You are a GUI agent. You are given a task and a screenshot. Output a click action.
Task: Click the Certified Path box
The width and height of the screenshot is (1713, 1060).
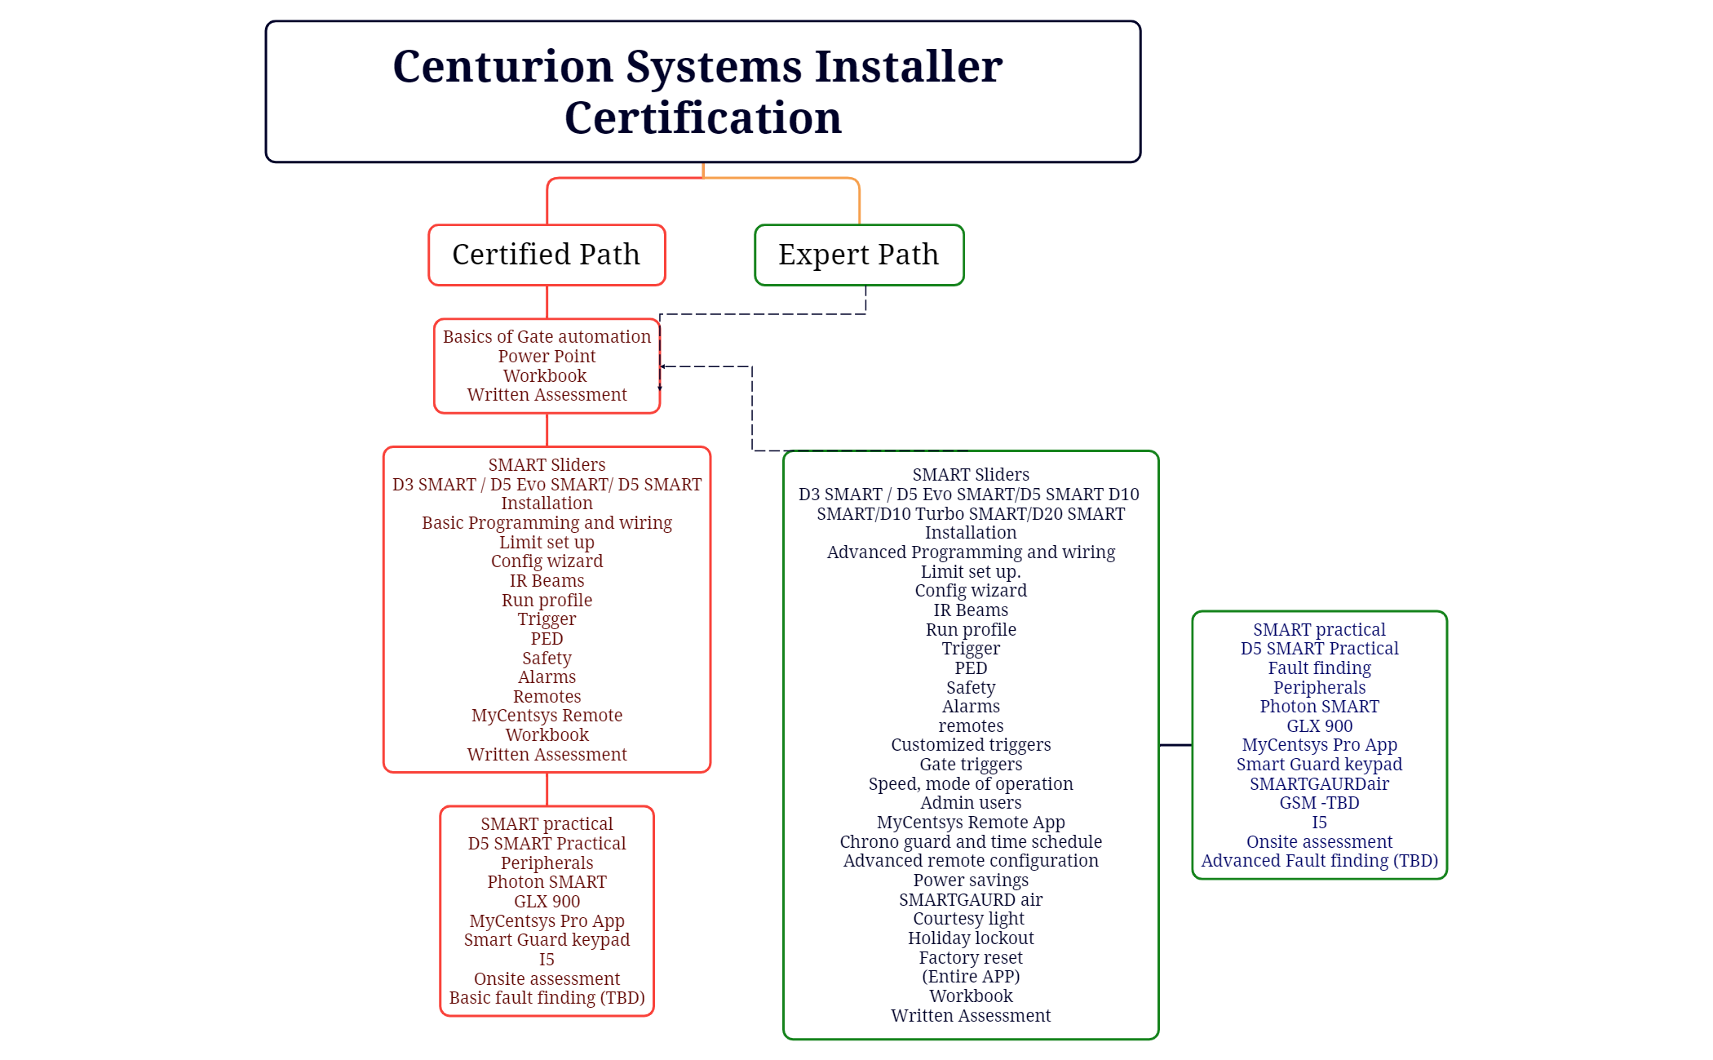click(547, 255)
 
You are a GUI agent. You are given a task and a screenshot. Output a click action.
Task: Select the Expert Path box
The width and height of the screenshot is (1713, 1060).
click(859, 255)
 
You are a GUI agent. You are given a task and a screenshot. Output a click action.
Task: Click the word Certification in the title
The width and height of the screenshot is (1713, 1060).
click(702, 118)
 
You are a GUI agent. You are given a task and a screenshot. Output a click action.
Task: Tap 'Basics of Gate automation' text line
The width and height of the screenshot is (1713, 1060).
click(547, 336)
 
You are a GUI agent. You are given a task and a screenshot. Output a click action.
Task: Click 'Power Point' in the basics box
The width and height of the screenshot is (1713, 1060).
click(547, 356)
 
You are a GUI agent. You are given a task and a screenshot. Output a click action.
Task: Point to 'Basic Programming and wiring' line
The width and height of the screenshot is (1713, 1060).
click(547, 522)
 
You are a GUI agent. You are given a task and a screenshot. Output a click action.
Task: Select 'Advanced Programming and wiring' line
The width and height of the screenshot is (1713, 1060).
click(971, 552)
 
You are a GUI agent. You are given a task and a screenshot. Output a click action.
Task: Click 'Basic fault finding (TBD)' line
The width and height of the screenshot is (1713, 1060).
click(547, 997)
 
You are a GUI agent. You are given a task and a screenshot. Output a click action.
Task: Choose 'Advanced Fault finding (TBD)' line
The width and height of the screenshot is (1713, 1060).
click(1319, 860)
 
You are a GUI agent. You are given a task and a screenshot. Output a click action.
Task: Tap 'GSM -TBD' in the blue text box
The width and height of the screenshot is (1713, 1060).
click(1319, 802)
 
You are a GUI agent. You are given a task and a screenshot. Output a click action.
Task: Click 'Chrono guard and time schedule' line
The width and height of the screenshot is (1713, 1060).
click(971, 841)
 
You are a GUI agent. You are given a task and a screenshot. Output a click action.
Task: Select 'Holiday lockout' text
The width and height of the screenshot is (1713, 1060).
click(971, 938)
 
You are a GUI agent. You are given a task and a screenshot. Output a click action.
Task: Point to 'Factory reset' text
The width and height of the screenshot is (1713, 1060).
click(971, 957)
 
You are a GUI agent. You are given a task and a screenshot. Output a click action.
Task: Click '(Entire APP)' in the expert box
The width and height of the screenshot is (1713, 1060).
click(971, 976)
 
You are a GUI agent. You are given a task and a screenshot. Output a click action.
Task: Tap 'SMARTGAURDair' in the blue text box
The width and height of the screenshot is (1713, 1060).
click(1319, 783)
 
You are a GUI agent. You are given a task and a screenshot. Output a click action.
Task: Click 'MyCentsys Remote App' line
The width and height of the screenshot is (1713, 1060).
click(971, 822)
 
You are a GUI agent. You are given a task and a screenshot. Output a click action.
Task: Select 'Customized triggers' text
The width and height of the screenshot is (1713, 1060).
click(971, 744)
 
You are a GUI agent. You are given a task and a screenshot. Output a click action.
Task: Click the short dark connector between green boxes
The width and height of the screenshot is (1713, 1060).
click(1175, 744)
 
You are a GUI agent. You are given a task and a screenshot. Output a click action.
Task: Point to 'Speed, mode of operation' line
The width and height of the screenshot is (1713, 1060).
click(971, 783)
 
